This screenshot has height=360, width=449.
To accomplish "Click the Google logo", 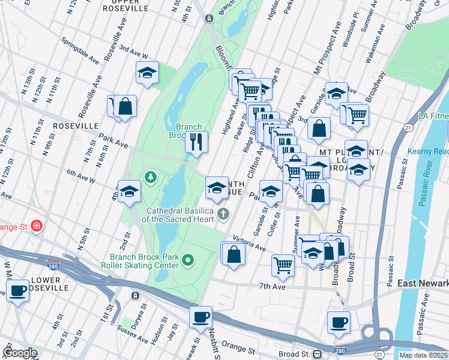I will [x=19, y=353].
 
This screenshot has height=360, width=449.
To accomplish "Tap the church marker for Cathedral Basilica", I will [x=223, y=214].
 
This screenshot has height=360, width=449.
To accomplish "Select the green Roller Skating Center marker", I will [x=188, y=260].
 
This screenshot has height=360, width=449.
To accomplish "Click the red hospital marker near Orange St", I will [x=37, y=226].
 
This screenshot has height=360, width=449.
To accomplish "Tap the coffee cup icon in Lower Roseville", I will [x=17, y=291].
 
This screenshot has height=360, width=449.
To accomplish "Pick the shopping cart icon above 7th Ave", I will [x=283, y=265].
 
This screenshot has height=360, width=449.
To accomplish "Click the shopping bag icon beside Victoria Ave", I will [x=233, y=254].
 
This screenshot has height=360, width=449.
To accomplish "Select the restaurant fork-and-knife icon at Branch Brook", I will [x=196, y=142].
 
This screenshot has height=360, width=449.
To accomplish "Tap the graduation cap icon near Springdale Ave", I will [x=147, y=73].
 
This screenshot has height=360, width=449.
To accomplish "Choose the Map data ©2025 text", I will [x=423, y=355].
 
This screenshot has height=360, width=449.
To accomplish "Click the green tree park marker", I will [x=149, y=177].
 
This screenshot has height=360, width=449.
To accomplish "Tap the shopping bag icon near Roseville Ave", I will [x=125, y=106].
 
